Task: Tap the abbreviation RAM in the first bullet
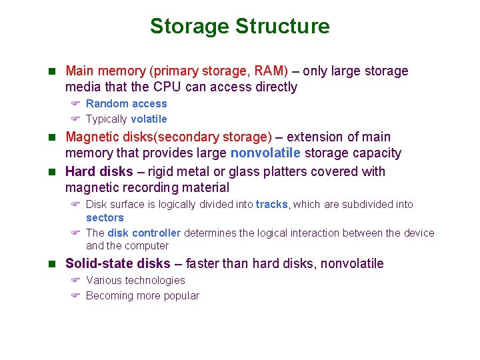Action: pos(273,71)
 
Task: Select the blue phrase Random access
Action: pos(127,104)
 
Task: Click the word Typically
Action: pos(107,119)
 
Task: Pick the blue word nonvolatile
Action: pos(265,153)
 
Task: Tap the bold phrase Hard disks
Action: pos(99,172)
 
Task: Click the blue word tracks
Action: pos(271,205)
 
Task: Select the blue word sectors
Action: pos(105,218)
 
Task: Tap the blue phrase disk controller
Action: pos(144,233)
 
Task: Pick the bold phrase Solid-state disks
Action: pos(118,264)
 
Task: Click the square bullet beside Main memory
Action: pos(55,71)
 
